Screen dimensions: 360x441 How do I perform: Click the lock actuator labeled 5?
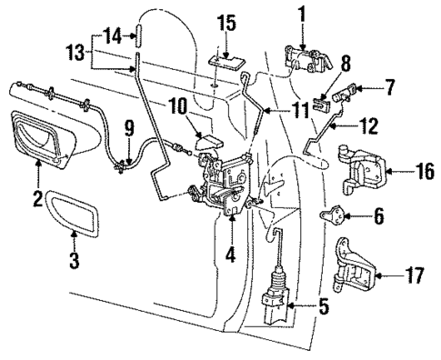tap(274, 295)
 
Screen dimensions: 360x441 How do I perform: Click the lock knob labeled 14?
tap(136, 37)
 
